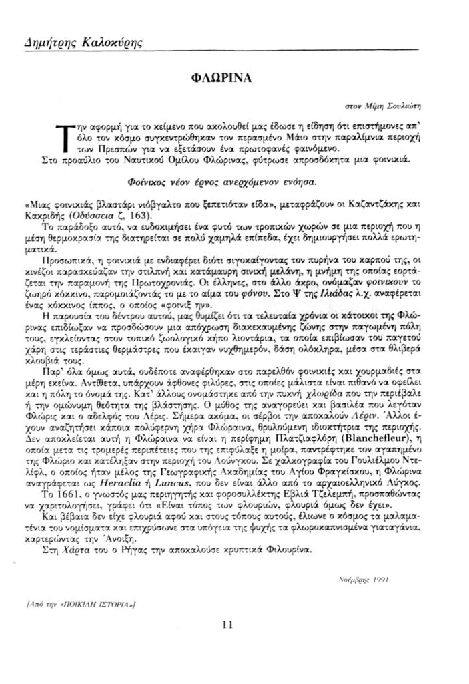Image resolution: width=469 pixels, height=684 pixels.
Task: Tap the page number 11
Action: (x=226, y=625)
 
